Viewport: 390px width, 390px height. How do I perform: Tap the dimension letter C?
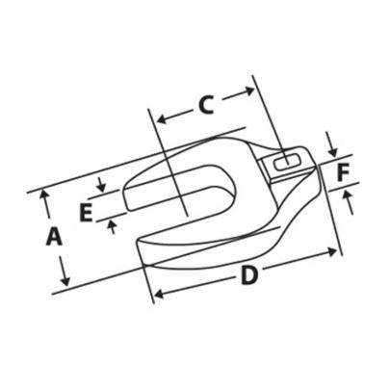tap(205, 105)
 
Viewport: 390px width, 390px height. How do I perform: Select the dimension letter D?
tap(249, 275)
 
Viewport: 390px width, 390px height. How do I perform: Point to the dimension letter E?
tap(86, 212)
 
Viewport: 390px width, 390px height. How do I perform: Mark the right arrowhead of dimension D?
tap(336, 252)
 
